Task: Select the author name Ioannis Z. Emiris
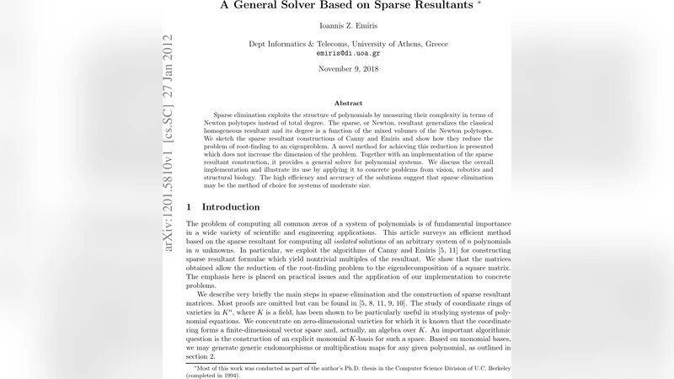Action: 337,26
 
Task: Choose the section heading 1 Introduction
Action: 222,206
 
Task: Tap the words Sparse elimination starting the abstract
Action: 238,114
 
